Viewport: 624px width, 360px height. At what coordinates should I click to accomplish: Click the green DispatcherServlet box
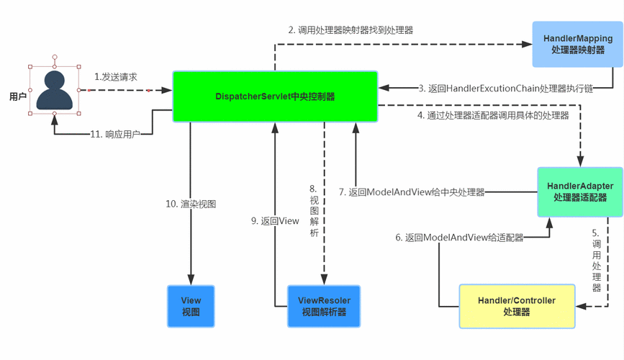click(x=275, y=96)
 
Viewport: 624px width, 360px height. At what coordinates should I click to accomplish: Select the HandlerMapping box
click(x=577, y=44)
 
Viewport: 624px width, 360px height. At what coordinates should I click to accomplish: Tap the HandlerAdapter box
click(x=580, y=192)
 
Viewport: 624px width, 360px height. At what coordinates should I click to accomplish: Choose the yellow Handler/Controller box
click(x=517, y=306)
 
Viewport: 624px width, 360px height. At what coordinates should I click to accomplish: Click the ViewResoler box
click(x=324, y=306)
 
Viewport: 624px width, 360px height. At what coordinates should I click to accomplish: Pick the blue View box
click(x=191, y=306)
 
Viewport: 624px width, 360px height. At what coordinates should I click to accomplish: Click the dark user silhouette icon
click(x=55, y=90)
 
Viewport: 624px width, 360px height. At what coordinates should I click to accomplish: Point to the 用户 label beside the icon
click(x=18, y=96)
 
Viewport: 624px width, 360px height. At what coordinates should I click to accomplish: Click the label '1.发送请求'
click(x=116, y=77)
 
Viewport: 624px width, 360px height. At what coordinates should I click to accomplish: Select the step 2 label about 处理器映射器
click(x=351, y=30)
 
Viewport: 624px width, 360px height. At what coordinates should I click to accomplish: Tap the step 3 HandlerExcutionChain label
click(x=506, y=89)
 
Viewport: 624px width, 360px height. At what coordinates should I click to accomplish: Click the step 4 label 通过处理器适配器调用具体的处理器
click(x=493, y=115)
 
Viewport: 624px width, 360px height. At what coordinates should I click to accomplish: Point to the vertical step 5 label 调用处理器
click(x=596, y=260)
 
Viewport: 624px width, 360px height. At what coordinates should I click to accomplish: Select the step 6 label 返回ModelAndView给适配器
click(x=459, y=238)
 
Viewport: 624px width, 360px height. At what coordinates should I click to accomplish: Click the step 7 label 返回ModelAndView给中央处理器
click(x=412, y=192)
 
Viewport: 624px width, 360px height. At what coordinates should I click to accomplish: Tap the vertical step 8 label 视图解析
click(x=315, y=211)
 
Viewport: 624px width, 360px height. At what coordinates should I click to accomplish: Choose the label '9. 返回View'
click(x=275, y=221)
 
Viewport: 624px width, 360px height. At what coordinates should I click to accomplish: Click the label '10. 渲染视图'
click(x=191, y=204)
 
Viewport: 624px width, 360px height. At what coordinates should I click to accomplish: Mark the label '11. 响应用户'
click(x=115, y=134)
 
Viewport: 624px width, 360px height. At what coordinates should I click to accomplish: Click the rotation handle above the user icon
click(x=55, y=58)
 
